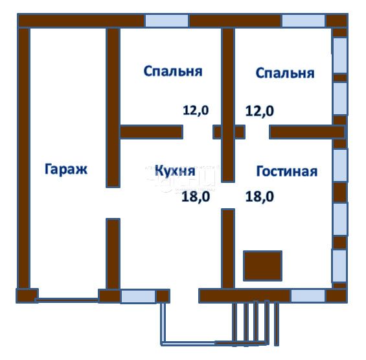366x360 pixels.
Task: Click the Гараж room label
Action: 65,170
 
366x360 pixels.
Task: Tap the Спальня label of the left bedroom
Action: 172,71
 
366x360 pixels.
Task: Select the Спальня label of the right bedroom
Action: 285,73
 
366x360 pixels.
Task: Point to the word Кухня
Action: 175,171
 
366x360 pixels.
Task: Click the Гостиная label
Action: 286,171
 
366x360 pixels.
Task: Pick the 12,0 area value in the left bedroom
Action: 196,110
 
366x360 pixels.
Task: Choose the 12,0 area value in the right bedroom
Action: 259,110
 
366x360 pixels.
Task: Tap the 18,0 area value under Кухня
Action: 196,197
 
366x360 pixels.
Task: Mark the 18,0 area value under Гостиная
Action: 259,197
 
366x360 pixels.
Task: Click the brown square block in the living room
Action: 262,266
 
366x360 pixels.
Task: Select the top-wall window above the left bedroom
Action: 166,20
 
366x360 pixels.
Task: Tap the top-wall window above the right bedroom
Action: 303,20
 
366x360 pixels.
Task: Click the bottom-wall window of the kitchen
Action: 138,296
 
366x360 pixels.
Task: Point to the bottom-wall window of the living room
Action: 308,296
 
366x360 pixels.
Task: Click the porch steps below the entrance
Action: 257,322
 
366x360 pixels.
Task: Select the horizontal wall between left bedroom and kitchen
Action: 151,132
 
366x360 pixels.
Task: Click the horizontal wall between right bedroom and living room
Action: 306,132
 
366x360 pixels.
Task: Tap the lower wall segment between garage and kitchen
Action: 113,253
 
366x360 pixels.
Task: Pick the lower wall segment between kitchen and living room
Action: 227,248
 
